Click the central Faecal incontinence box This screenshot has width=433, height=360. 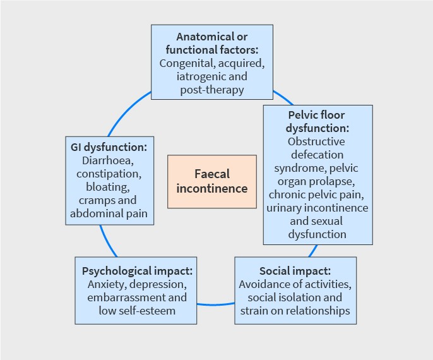pyautogui.click(x=212, y=181)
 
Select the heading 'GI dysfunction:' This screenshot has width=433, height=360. pyautogui.click(x=109, y=147)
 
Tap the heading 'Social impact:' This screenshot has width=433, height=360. pyautogui.click(x=295, y=271)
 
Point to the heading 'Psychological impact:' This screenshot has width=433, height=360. pyautogui.click(x=137, y=270)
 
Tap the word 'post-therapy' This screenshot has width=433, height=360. pyautogui.click(x=212, y=90)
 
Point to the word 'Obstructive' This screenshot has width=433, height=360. pyautogui.click(x=317, y=141)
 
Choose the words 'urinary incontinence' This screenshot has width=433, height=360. pyautogui.click(x=317, y=208)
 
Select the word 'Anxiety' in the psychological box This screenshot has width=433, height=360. pyautogui.click(x=106, y=284)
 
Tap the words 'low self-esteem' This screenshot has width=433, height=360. pyautogui.click(x=137, y=311)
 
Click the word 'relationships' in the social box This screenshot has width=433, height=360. pyautogui.click(x=319, y=311)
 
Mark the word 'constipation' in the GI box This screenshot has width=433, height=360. pyautogui.click(x=109, y=174)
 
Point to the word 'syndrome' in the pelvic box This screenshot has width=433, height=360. pyautogui.click(x=299, y=168)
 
